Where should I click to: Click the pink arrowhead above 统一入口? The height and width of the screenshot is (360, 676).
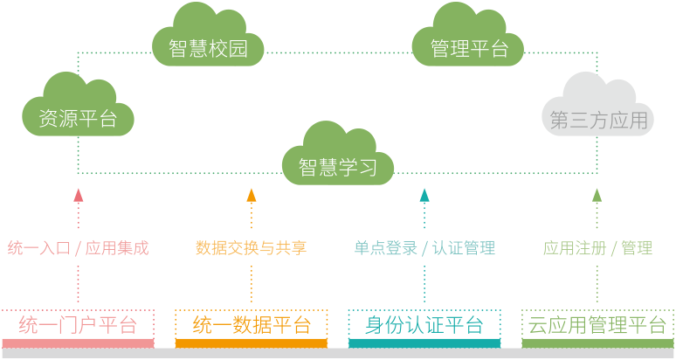(x=79, y=195)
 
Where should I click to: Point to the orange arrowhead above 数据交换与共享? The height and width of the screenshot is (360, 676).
(x=252, y=195)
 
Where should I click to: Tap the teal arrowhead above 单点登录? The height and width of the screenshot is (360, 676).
(x=424, y=195)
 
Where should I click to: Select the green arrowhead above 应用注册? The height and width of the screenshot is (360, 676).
(x=597, y=195)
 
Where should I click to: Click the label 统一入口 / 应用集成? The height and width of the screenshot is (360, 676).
(x=78, y=248)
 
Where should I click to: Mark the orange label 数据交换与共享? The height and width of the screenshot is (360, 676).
(x=251, y=248)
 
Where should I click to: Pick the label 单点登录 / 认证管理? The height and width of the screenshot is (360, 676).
(x=424, y=248)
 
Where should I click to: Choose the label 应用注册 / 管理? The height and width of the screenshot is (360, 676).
(x=597, y=248)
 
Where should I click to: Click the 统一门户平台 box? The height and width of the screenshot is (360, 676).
(x=78, y=325)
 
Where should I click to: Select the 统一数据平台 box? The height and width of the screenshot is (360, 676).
(x=252, y=325)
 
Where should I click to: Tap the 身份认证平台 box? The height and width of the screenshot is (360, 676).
(x=424, y=325)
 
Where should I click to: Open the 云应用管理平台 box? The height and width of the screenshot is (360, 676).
(x=597, y=325)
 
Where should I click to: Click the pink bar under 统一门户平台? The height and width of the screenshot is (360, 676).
(x=78, y=343)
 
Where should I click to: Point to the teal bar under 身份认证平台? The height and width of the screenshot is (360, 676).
(x=424, y=343)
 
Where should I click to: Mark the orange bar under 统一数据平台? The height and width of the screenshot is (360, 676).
(x=252, y=343)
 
